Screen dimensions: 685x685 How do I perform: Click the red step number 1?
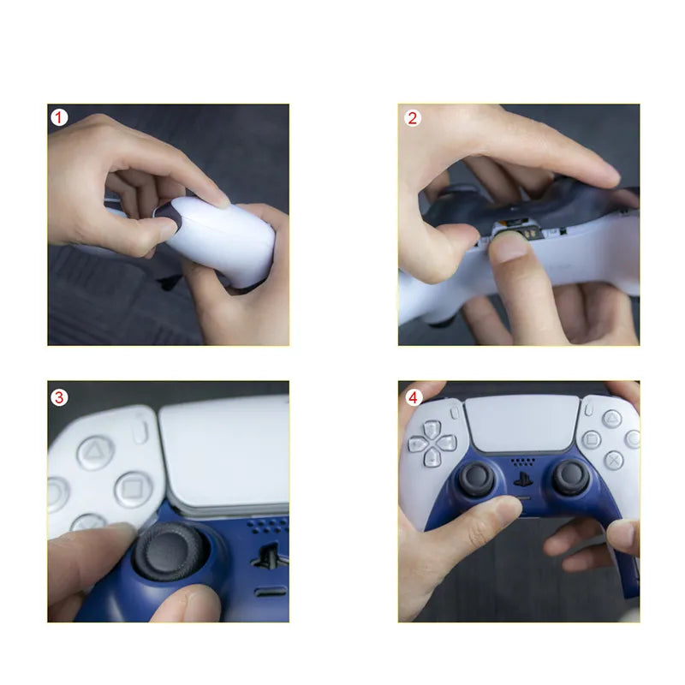coord(59,117)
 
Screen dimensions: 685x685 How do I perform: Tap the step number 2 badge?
coord(413,118)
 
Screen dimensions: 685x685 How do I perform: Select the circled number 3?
coord(59,397)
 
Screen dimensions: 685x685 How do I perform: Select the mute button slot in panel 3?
coord(271,592)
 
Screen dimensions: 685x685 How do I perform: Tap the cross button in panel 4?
coord(613,460)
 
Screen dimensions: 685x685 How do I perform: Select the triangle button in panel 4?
coord(612,419)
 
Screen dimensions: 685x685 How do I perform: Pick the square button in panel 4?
coord(592,440)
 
